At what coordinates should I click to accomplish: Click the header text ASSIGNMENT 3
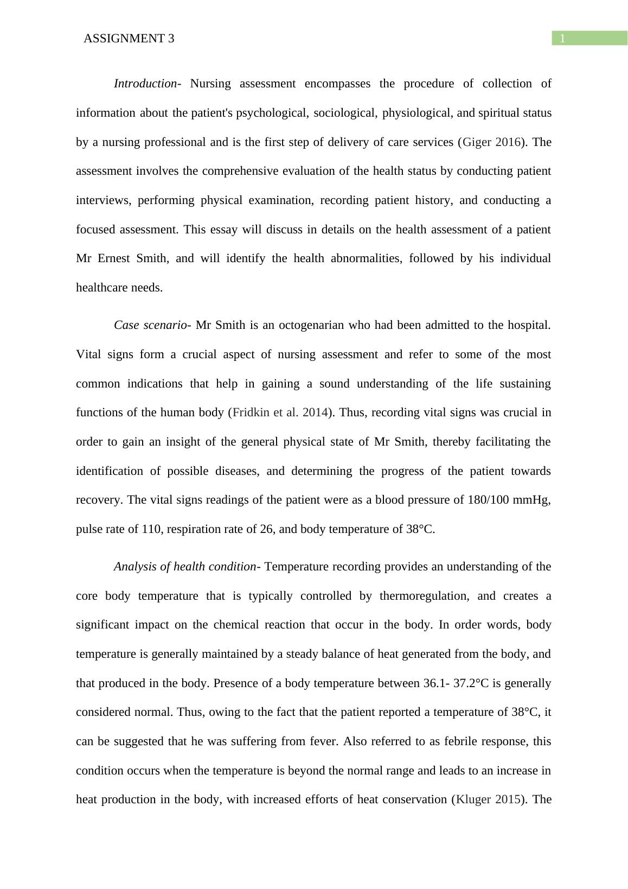point(129,39)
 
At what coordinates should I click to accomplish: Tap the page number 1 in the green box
point(562,39)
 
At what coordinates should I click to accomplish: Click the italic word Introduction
point(145,84)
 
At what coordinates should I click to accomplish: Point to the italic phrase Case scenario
point(150,325)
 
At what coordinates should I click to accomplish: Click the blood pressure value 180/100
point(488,500)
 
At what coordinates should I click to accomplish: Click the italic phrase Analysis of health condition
point(184,567)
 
